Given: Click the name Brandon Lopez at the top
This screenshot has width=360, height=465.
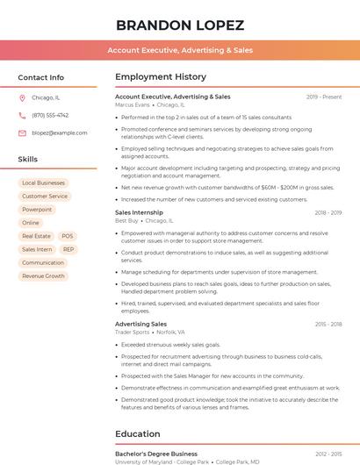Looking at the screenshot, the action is (180, 25).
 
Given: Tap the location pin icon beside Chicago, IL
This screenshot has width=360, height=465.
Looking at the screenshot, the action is (22, 98).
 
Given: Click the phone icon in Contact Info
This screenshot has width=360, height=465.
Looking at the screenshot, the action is (22, 116).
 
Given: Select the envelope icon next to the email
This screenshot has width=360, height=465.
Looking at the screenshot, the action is (22, 133).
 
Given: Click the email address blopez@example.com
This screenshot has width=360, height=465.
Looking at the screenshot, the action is (54, 133).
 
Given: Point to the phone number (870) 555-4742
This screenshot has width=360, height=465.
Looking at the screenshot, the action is (50, 116).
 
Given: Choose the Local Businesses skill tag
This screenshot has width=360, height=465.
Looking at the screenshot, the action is (43, 183).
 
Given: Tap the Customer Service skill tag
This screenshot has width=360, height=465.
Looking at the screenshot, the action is (45, 197).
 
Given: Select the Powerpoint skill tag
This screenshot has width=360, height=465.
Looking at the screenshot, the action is (37, 210).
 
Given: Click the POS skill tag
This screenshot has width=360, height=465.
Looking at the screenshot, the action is (68, 236).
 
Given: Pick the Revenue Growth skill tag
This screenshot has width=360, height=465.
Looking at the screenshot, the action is (43, 275).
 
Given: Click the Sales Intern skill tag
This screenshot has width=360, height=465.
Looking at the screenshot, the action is (37, 249).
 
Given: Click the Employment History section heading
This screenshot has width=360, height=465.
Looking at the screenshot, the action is (161, 77).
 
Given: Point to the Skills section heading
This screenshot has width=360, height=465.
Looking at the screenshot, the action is (28, 160).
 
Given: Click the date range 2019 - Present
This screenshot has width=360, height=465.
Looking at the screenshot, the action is (324, 97).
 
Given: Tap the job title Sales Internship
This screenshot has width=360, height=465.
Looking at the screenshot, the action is (139, 212).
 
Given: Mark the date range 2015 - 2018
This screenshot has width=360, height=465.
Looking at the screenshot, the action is (327, 325).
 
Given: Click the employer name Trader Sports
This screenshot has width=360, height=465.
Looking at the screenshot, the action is (133, 333).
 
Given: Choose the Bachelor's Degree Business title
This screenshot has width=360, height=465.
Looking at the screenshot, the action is (156, 454).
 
